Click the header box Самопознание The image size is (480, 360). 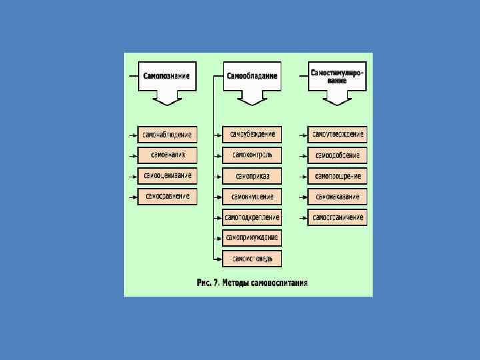(167, 76)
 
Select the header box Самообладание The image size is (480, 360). (252, 76)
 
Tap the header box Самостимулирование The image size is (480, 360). (337, 76)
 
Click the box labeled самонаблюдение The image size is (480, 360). (167, 135)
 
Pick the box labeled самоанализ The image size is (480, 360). (167, 155)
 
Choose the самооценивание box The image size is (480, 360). (167, 176)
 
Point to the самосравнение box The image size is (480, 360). (167, 197)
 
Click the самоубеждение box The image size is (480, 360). (253, 135)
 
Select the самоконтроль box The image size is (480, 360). (253, 155)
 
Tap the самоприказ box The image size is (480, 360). (253, 176)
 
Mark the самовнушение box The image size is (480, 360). (253, 197)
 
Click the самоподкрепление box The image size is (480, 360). (253, 217)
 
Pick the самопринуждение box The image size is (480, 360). (253, 238)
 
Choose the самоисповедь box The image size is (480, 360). (253, 259)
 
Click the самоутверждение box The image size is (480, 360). (338, 135)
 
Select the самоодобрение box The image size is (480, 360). (338, 155)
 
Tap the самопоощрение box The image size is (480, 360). (338, 176)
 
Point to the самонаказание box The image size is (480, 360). (338, 197)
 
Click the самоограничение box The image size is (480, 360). (338, 217)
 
